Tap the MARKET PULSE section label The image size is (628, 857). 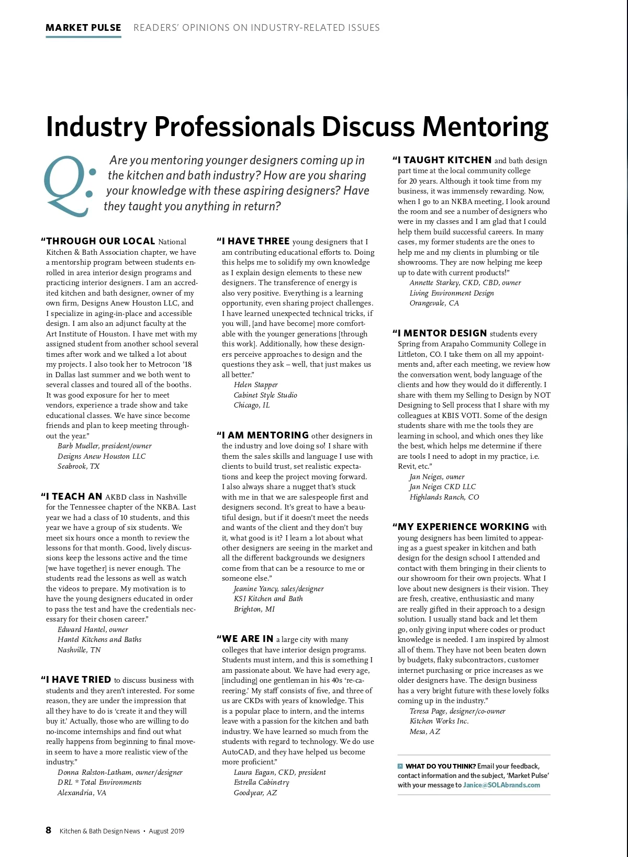coord(83,28)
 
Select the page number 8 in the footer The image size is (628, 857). coord(49,830)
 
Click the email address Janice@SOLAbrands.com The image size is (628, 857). coord(501,785)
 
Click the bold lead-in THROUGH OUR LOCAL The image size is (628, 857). coord(100,241)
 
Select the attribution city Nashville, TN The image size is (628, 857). coord(79,650)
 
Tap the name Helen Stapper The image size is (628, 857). coord(256,385)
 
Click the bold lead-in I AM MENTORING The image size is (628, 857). coord(265,435)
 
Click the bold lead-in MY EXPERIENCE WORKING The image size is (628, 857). coord(463,527)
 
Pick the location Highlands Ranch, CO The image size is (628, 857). coord(444,497)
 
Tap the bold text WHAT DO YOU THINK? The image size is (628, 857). coord(441,766)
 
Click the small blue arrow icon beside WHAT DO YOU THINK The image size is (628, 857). coord(400,766)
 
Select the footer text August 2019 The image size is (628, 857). coord(166,831)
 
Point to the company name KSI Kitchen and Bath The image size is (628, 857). coord(268,599)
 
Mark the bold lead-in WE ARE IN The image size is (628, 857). coord(248,639)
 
